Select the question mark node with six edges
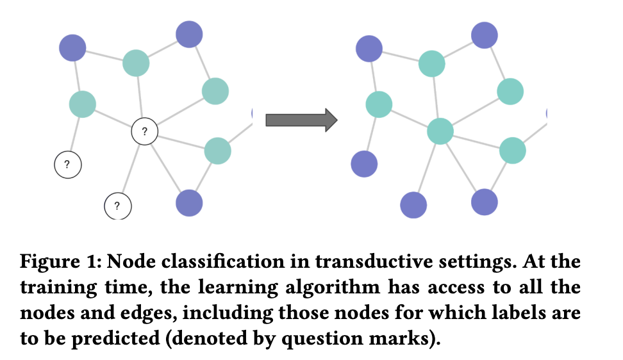pos(145,132)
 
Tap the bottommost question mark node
pos(117,206)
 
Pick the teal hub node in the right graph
pos(440,131)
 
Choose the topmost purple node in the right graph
pos(484,35)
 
